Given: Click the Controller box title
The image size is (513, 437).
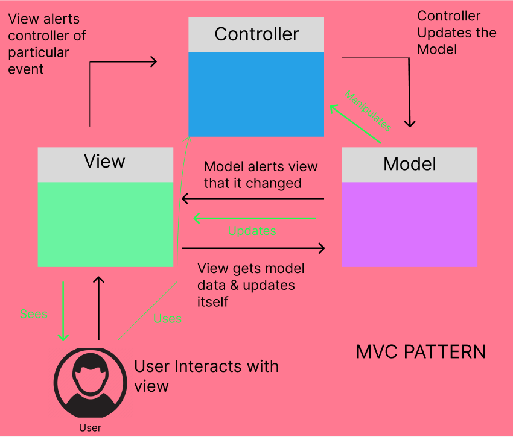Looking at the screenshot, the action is (256, 34).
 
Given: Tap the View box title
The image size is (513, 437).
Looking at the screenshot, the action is (104, 161).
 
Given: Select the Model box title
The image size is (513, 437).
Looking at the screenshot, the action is (410, 164).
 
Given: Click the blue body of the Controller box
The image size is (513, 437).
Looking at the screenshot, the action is (256, 94).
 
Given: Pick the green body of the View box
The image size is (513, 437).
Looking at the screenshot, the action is (106, 225).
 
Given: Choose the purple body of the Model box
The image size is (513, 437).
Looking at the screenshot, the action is (410, 225).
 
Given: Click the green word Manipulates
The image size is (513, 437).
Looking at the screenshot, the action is (368, 111).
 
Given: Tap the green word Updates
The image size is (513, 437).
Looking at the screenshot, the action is (252, 231).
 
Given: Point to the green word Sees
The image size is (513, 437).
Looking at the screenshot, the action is (34, 314).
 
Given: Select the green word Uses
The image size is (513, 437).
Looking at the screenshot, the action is (168, 319).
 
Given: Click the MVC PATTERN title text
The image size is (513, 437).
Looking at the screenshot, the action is (421, 352).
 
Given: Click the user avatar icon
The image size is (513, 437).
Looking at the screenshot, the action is (91, 383).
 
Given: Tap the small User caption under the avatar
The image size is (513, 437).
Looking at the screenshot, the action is (91, 428).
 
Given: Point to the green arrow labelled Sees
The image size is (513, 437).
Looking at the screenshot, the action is (63, 311).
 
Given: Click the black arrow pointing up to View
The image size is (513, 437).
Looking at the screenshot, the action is (98, 308).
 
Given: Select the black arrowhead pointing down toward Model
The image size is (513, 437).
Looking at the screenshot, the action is (410, 124).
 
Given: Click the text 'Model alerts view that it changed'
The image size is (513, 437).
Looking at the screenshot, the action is (261, 175).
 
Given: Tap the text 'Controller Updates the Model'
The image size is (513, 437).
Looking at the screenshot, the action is (457, 33).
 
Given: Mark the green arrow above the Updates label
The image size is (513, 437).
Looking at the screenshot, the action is (255, 218).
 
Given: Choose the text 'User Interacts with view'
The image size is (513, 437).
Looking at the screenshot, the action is (206, 376).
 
